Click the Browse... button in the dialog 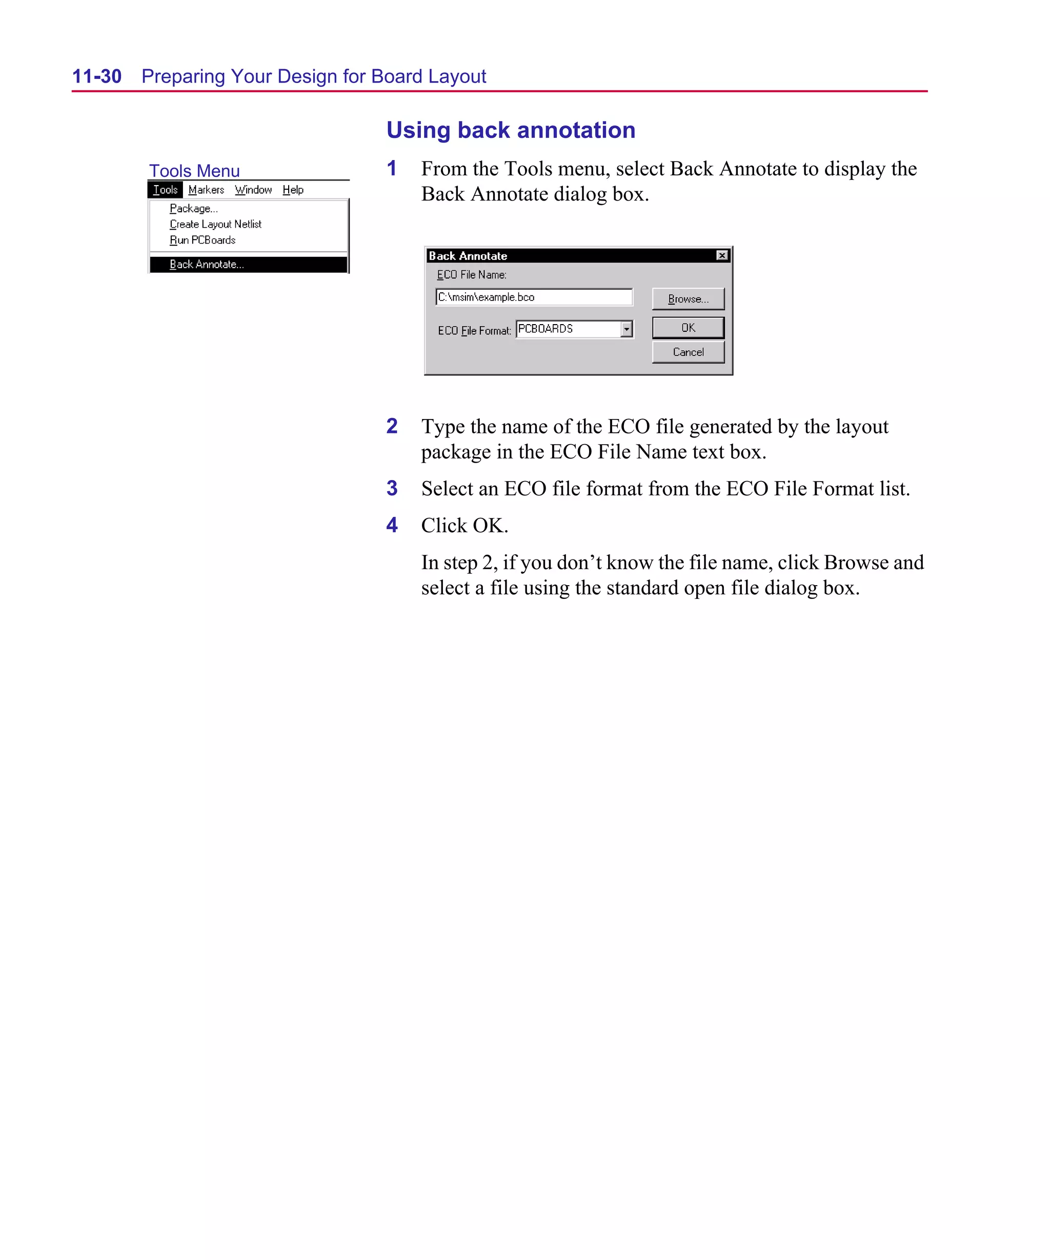tap(688, 299)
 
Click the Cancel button tap(688, 352)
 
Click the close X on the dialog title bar tap(722, 255)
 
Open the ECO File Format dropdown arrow tap(627, 329)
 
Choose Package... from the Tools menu tap(193, 208)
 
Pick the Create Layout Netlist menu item tap(215, 224)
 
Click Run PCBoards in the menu tap(202, 240)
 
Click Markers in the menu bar tap(206, 190)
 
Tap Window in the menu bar tap(253, 190)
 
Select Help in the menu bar tap(293, 190)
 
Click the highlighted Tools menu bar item tap(165, 190)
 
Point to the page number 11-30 tap(96, 76)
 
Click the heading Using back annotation tap(511, 130)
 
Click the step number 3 tap(392, 488)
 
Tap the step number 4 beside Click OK tap(392, 525)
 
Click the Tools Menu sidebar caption tap(194, 171)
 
